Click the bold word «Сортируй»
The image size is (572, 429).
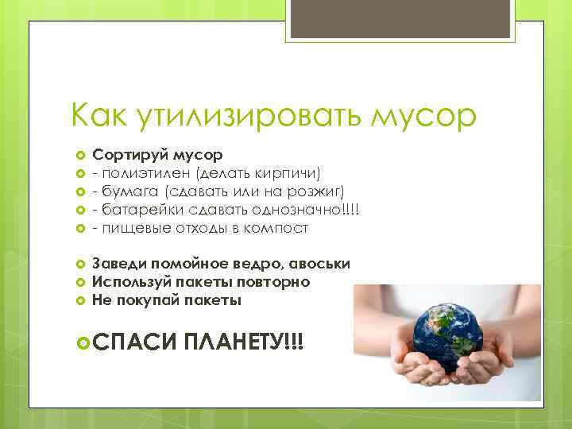coord(126,153)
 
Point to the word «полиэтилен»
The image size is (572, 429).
coord(140,172)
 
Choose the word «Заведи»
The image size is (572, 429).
coord(117,263)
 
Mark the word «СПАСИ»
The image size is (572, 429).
coord(134,342)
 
